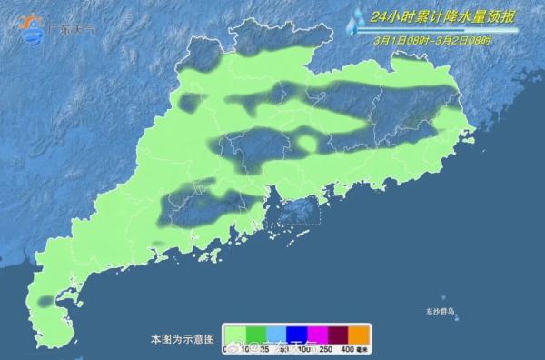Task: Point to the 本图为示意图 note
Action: pyautogui.click(x=183, y=338)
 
